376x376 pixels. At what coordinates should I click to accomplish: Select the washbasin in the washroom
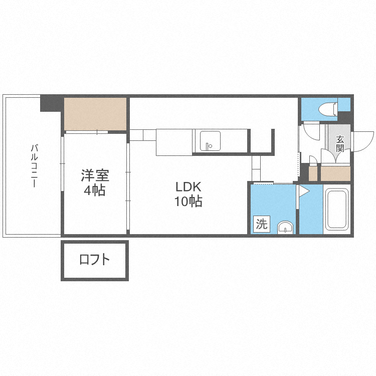click(x=285, y=227)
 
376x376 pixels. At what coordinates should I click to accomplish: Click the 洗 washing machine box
click(x=261, y=224)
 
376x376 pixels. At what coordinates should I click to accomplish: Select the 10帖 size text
click(x=188, y=202)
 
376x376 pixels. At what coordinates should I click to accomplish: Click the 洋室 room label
click(x=95, y=176)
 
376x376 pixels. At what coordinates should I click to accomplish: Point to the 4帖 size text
click(x=95, y=191)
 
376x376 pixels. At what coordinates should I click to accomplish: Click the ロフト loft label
click(x=95, y=260)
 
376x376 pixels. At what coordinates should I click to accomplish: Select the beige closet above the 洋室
click(x=95, y=113)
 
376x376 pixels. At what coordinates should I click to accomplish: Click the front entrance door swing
click(x=363, y=140)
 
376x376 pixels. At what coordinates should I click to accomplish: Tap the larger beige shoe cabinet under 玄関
click(x=335, y=173)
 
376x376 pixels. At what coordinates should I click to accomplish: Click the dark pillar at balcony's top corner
click(x=52, y=103)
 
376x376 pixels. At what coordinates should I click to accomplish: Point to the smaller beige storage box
click(x=313, y=173)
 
